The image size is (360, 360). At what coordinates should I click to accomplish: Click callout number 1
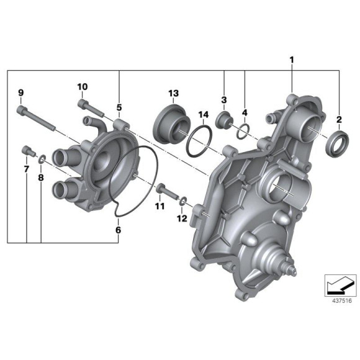(x=291, y=60)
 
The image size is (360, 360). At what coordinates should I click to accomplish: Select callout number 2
(x=340, y=119)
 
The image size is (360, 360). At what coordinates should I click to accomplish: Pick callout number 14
(x=202, y=114)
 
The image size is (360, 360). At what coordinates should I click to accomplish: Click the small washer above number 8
(x=41, y=160)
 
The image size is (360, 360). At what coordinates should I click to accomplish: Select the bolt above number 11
(x=161, y=189)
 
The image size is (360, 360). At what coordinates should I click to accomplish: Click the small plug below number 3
(x=225, y=119)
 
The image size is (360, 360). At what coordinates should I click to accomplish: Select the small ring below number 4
(x=244, y=129)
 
